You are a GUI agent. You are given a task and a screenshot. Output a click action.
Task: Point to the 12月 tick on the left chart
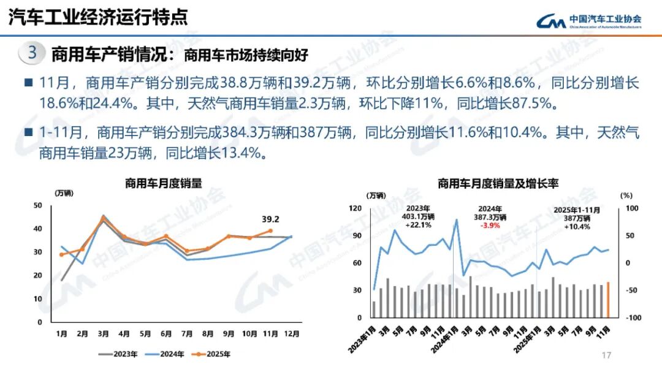[x=292, y=334]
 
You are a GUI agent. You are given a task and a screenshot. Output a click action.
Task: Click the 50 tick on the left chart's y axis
[x=38, y=205]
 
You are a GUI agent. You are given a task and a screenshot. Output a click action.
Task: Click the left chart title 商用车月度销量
[x=163, y=183]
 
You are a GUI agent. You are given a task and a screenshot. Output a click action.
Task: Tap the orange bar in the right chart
[x=608, y=300]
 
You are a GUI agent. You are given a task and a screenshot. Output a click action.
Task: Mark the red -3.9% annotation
[x=489, y=226]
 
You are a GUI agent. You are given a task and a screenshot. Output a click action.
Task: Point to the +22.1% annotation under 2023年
[x=419, y=225]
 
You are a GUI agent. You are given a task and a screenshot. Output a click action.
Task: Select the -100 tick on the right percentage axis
[x=633, y=318]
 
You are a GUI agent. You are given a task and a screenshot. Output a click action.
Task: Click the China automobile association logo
[x=588, y=21]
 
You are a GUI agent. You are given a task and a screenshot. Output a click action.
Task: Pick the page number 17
[x=607, y=355]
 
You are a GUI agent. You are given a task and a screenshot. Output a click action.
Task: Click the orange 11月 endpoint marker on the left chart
[x=270, y=231]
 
